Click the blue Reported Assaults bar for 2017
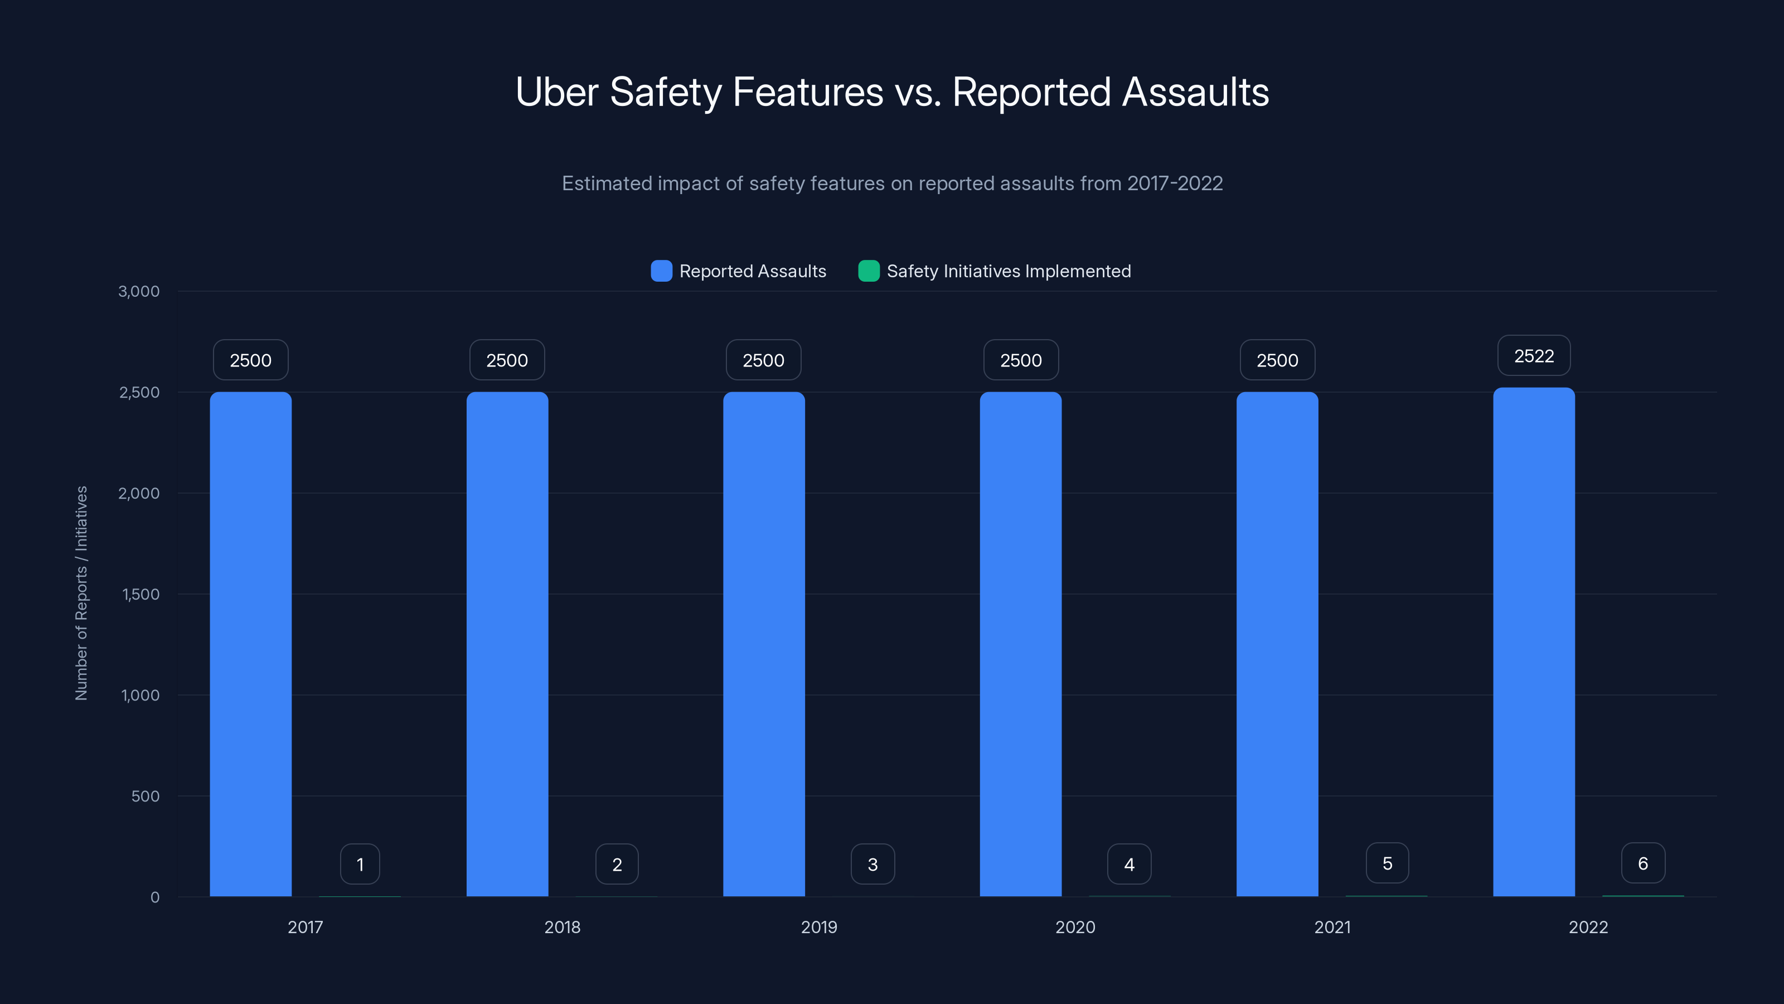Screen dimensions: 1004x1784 pos(251,644)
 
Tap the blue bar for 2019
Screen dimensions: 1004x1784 pos(764,644)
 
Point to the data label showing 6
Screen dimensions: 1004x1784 pos(1643,863)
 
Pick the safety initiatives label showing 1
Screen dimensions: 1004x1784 pos(360,864)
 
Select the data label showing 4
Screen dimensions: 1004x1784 pos(1129,864)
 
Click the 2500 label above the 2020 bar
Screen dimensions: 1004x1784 pos(1021,360)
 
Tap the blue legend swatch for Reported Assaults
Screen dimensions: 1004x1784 pos(661,271)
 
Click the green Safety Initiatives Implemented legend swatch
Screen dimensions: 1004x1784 pos(869,271)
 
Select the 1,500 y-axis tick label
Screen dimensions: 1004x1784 pos(140,594)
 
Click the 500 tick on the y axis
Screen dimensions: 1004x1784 pos(146,796)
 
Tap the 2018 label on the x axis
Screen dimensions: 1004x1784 pos(561,927)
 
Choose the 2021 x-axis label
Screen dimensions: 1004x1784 pos(1332,927)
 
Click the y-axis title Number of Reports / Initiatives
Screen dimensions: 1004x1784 pos(81,593)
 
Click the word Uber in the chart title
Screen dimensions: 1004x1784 pos(556,91)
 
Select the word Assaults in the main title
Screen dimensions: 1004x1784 pos(1195,91)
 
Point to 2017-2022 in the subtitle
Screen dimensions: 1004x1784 pos(1175,184)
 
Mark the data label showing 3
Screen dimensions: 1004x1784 pos(872,864)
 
